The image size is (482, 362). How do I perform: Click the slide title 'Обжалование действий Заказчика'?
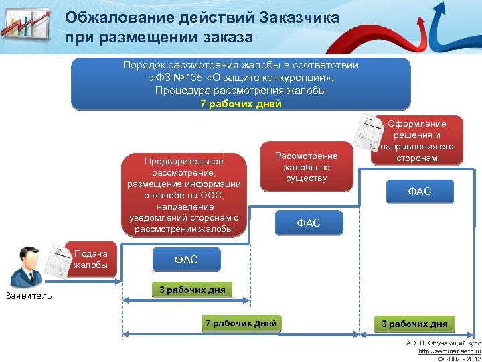202,17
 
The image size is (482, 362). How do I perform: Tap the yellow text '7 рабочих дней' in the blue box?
241,103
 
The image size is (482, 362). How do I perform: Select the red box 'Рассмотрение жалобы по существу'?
306,167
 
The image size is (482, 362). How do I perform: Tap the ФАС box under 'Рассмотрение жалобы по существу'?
309,223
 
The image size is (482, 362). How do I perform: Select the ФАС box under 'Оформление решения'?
420,192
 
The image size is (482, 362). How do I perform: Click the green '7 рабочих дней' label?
241,324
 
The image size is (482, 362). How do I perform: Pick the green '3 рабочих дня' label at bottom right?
414,324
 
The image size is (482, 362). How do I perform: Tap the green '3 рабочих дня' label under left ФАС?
192,290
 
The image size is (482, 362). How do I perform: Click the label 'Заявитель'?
27,296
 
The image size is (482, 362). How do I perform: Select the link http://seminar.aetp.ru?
449,350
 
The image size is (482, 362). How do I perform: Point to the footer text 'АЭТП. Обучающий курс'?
444,342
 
